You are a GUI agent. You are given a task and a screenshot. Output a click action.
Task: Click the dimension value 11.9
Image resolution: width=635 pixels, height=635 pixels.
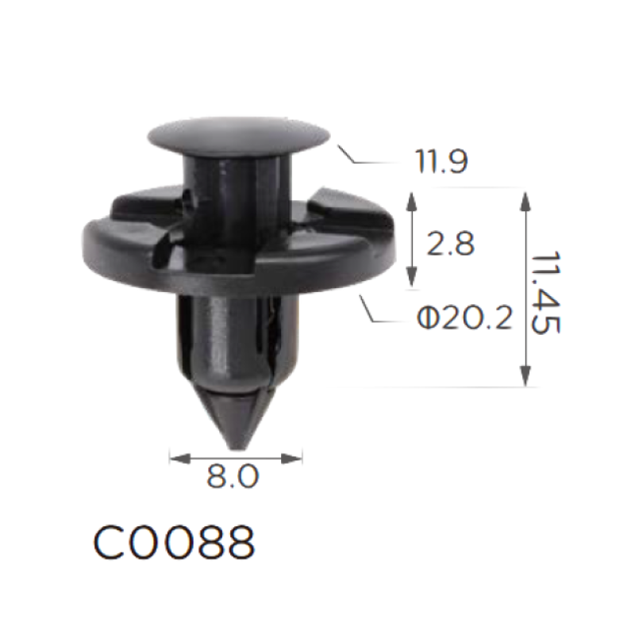[x=441, y=161]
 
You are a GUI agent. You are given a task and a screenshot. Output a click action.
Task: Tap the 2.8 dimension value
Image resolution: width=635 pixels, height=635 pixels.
[x=450, y=244]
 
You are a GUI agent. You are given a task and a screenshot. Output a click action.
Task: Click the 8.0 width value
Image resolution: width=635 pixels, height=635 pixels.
[x=233, y=476]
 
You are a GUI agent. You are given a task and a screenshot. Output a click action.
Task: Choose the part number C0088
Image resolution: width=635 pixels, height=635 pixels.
[x=174, y=543]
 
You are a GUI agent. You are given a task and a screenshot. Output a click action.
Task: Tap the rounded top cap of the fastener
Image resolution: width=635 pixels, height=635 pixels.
[x=239, y=136]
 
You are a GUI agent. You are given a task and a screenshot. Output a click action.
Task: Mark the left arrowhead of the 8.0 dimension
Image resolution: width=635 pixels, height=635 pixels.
[x=180, y=459]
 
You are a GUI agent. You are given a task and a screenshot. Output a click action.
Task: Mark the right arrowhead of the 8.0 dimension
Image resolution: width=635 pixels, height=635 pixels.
[x=292, y=459]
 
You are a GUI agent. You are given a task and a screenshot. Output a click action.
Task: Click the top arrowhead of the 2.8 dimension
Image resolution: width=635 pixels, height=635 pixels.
[x=411, y=202]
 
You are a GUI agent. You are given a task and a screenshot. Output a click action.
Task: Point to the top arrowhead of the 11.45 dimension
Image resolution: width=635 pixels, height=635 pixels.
[x=525, y=202]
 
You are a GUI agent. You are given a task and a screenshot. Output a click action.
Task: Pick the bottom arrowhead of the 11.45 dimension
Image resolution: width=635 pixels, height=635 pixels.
[x=525, y=376]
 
